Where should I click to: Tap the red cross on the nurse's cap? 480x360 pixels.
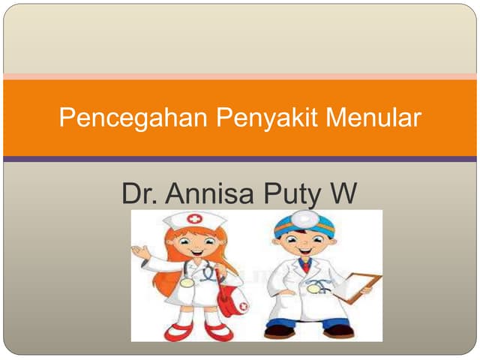195,220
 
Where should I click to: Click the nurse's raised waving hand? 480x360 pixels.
140,253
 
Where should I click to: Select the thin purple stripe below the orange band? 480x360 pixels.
240,159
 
